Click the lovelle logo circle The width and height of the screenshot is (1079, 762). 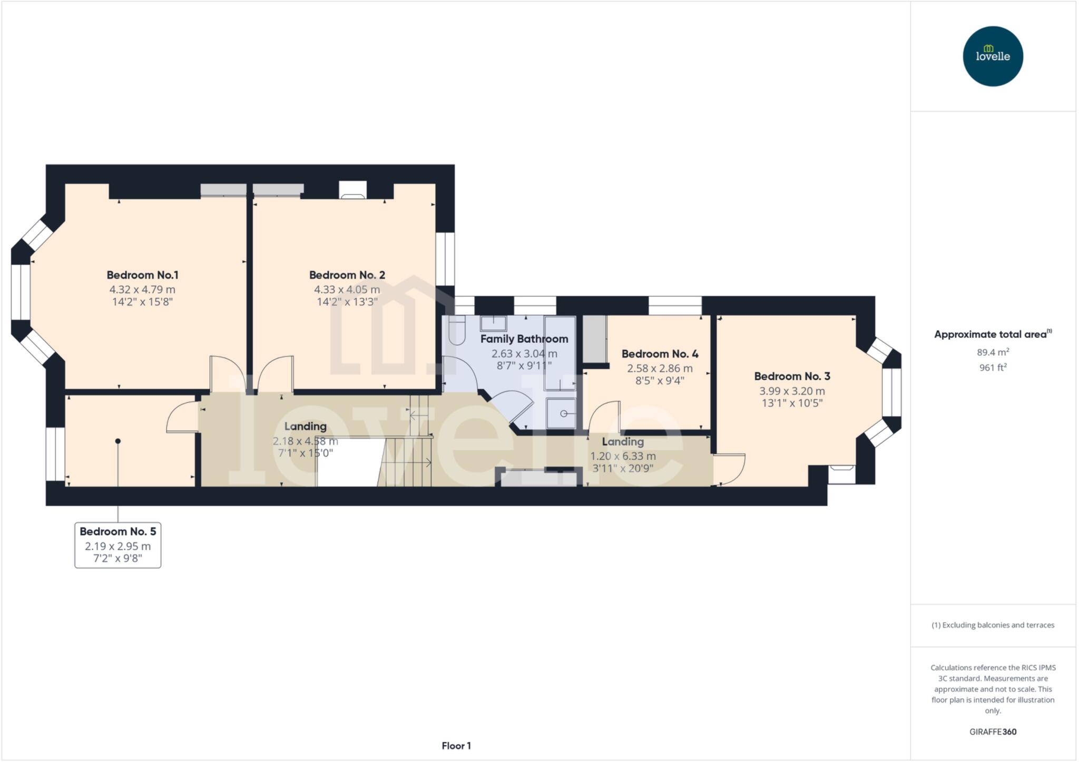[993, 56]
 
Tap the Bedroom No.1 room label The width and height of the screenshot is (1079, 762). [142, 275]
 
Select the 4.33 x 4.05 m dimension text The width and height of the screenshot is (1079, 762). [347, 290]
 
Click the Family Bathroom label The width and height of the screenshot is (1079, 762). [524, 339]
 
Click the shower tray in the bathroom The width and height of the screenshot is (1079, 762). [561, 413]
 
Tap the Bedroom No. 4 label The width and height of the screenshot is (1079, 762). [660, 354]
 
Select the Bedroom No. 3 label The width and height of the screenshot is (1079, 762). [792, 376]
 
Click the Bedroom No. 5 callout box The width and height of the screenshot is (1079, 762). [117, 545]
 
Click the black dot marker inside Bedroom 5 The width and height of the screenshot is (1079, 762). [118, 441]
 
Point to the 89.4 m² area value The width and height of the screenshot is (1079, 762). [993, 352]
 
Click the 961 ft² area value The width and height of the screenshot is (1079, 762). [993, 368]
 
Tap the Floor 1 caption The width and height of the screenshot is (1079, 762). [456, 746]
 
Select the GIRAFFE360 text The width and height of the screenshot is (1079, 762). [993, 731]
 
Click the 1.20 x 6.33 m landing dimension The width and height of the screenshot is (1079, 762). [623, 456]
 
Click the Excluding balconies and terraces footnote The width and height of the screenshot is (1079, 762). [993, 625]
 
